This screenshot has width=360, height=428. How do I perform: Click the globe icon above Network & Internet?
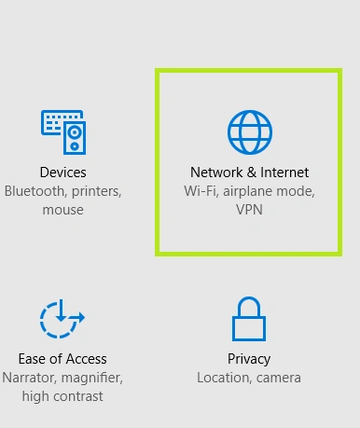pyautogui.click(x=250, y=132)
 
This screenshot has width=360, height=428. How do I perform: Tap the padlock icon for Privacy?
pyautogui.click(x=249, y=319)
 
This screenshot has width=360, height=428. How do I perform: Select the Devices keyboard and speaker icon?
pyautogui.click(x=63, y=132)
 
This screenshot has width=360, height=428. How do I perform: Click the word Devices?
pyautogui.click(x=63, y=173)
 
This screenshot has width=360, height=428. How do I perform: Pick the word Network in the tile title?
pyautogui.click(x=216, y=173)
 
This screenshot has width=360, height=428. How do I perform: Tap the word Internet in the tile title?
pyautogui.click(x=284, y=173)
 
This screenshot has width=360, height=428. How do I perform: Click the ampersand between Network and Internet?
pyautogui.click(x=252, y=173)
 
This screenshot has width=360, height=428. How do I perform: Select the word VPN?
pyautogui.click(x=249, y=210)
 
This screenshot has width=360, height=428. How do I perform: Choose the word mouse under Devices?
pyautogui.click(x=63, y=211)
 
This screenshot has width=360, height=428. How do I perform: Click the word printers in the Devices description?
pyautogui.click(x=97, y=192)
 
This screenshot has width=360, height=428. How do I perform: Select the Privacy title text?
pyautogui.click(x=249, y=360)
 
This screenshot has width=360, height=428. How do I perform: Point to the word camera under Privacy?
pyautogui.click(x=279, y=379)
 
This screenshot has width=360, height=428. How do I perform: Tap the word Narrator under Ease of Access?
pyautogui.click(x=29, y=378)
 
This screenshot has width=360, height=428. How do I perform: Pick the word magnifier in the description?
pyautogui.click(x=92, y=379)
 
